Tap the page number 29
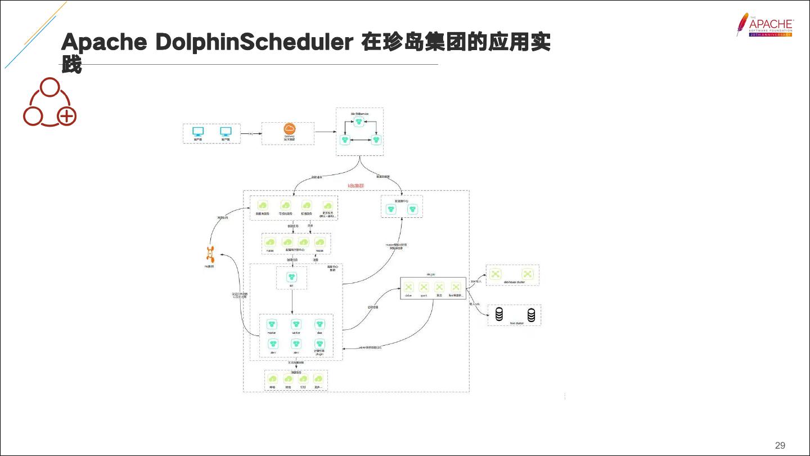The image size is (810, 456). click(x=780, y=445)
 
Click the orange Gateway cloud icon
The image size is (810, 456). click(x=289, y=129)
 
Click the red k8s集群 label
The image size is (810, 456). click(x=356, y=185)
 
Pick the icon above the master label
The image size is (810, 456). click(x=272, y=324)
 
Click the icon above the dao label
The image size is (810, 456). click(x=319, y=324)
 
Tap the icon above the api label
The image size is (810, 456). click(x=291, y=276)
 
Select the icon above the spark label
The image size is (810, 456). click(x=424, y=287)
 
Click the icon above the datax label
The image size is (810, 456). click(x=409, y=287)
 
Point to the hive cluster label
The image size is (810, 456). click(x=516, y=323)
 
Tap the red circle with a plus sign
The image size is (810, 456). click(x=67, y=117)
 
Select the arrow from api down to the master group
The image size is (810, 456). click(x=292, y=301)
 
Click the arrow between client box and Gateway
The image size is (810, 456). click(x=251, y=133)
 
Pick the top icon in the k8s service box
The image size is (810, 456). click(x=359, y=121)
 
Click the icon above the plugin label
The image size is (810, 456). click(x=319, y=343)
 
